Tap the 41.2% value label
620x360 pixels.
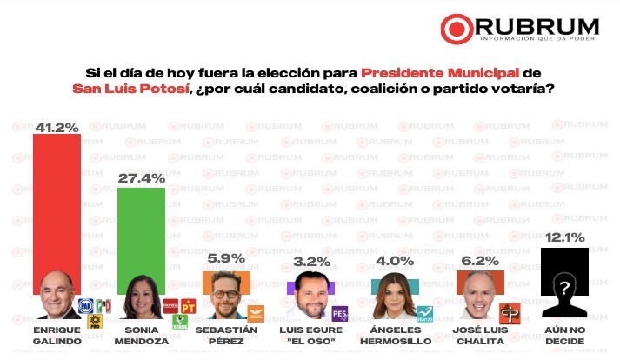click(57, 128)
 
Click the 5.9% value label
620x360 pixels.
click(226, 258)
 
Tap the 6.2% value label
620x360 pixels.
click(481, 258)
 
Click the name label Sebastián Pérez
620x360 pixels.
click(227, 334)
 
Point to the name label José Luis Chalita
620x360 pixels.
click(481, 334)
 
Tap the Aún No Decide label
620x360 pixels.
click(565, 334)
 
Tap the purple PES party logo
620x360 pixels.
click(340, 313)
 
